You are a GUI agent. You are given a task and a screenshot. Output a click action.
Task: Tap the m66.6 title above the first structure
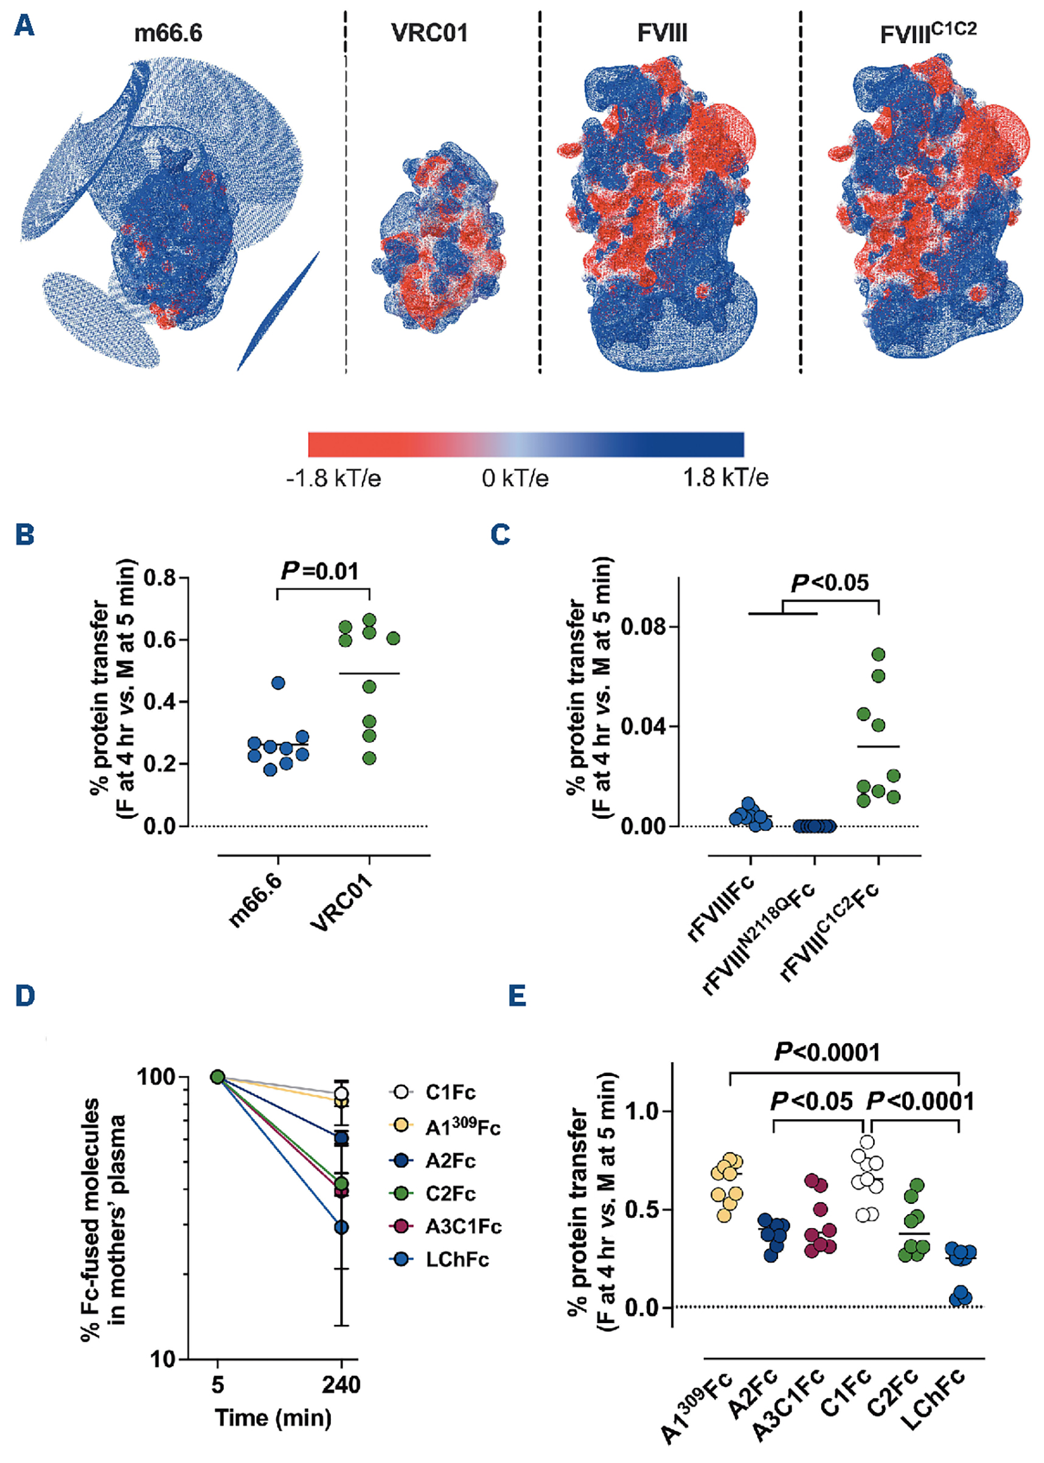[x=168, y=33]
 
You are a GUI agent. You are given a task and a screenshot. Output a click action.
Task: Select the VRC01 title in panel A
[x=430, y=33]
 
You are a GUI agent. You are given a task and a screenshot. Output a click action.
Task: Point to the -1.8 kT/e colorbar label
[x=333, y=478]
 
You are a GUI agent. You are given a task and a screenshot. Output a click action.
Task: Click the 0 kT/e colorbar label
[x=515, y=478]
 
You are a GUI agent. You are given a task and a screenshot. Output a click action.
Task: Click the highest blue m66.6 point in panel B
[x=277, y=683]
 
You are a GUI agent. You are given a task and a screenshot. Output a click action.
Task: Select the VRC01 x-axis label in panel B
[x=342, y=901]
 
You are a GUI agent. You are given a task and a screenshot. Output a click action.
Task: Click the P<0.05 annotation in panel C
[x=829, y=583]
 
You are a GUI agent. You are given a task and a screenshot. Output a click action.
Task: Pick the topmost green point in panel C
[x=878, y=655]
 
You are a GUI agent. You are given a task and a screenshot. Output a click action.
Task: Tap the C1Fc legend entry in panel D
[x=450, y=1092]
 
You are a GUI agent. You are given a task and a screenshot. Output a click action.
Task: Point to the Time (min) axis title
[x=273, y=1417]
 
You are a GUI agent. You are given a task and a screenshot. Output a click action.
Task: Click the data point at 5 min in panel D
[x=218, y=1077]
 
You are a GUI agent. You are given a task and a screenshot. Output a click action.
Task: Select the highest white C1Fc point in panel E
[x=867, y=1142]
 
